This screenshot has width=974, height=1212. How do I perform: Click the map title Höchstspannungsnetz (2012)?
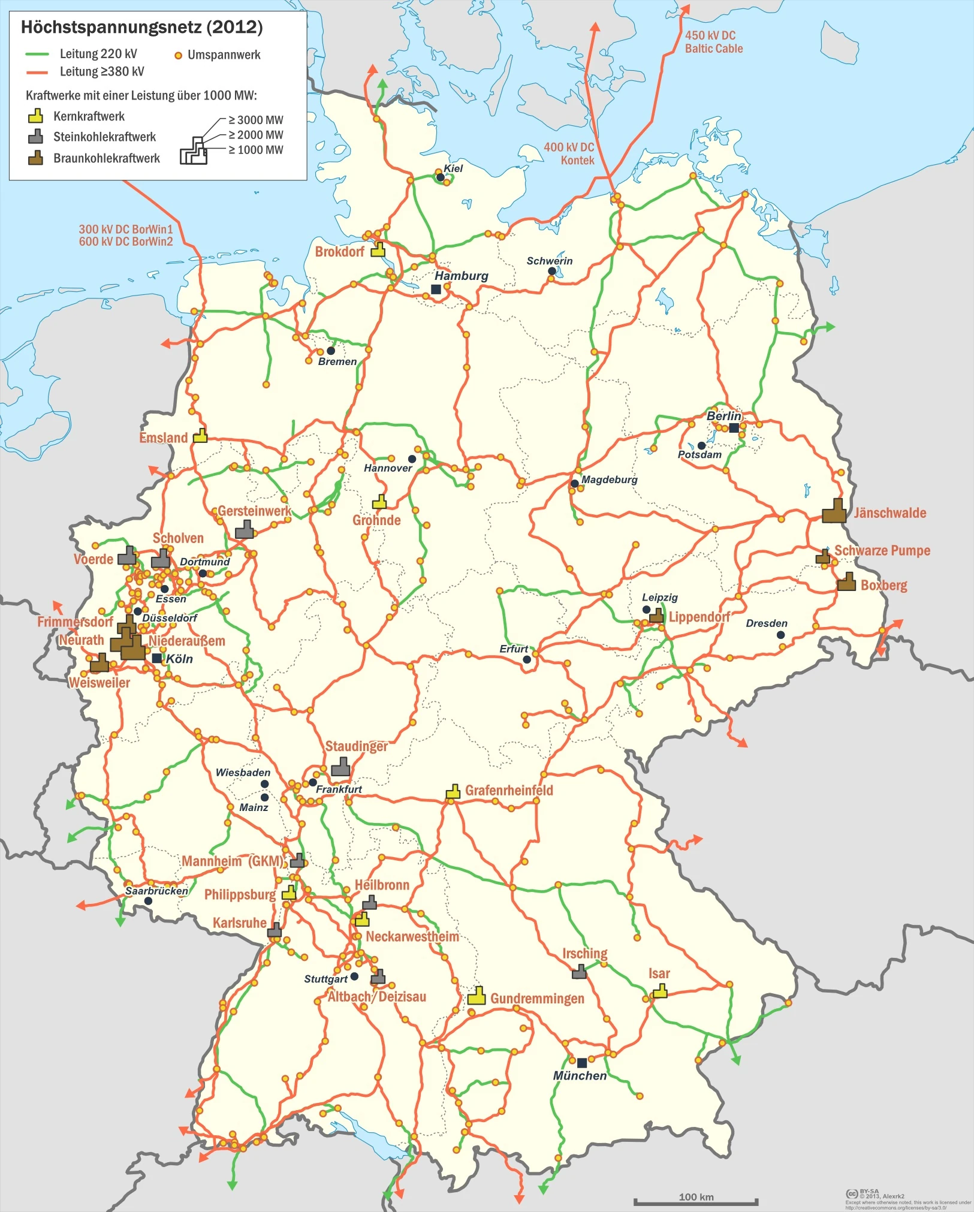click(x=141, y=27)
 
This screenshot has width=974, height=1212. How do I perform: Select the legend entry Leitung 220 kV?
click(x=98, y=54)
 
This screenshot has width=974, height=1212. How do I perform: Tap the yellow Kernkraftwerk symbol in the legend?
click(x=36, y=116)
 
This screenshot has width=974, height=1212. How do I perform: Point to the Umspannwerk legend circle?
click(x=178, y=56)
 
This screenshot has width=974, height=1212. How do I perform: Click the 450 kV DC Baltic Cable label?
click(x=713, y=42)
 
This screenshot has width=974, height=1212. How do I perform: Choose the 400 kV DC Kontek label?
click(x=569, y=153)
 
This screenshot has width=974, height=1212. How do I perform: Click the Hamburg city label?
click(x=461, y=276)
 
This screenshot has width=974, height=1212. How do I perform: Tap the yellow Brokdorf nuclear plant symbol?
click(x=378, y=250)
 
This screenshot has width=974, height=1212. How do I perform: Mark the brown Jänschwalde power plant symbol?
click(x=834, y=511)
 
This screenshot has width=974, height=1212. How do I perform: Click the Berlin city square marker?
click(x=734, y=427)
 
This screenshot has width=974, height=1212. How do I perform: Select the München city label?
click(x=580, y=1076)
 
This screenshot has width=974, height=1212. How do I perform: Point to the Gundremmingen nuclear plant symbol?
click(x=477, y=996)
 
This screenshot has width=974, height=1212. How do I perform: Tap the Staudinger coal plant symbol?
click(x=340, y=767)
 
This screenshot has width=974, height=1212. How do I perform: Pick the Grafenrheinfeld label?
click(x=509, y=791)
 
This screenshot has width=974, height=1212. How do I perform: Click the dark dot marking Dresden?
click(x=781, y=635)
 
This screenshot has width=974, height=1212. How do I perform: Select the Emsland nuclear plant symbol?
click(x=200, y=436)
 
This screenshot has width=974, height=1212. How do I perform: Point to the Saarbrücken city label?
click(x=156, y=891)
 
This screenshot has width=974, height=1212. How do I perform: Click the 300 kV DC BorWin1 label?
click(x=125, y=229)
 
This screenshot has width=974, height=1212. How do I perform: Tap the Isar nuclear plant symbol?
click(x=660, y=991)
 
